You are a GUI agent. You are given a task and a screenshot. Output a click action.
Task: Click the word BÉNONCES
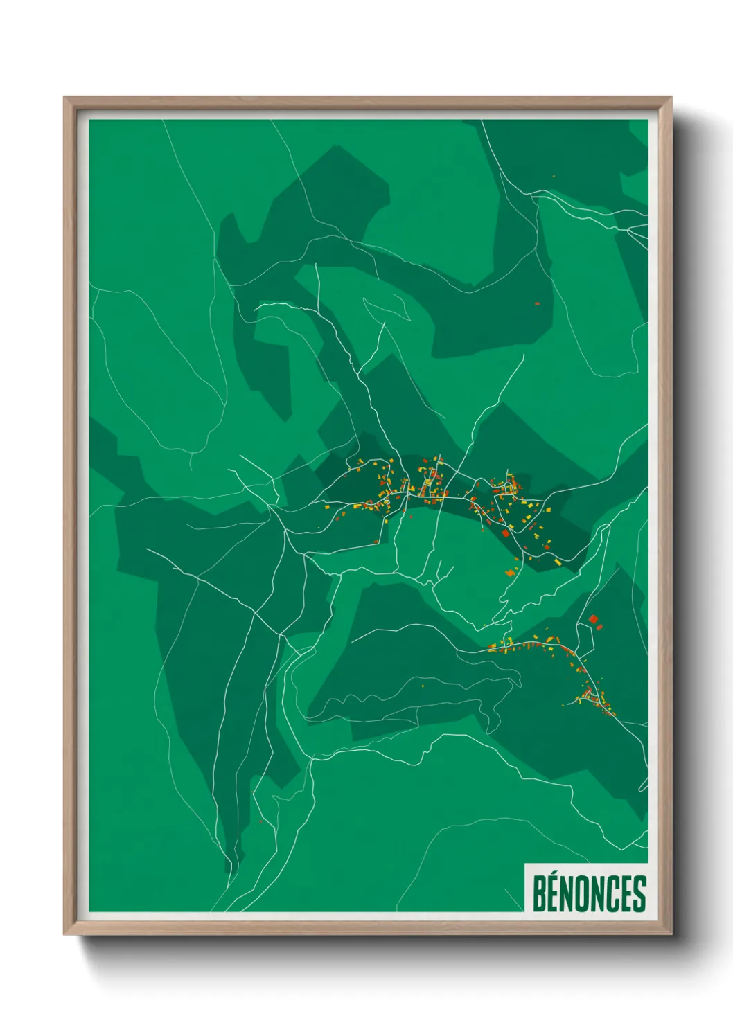click(589, 893)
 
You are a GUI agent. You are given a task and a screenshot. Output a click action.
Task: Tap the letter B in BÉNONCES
click(539, 894)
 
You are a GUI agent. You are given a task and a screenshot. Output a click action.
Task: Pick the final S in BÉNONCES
click(639, 894)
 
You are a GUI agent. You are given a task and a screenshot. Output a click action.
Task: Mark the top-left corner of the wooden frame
click(64, 98)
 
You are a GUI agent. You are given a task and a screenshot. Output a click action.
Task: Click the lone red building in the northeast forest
click(537, 303)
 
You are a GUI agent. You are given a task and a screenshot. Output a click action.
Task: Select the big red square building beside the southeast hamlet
click(593, 618)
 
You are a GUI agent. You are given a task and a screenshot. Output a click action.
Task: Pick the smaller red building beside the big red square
click(600, 627)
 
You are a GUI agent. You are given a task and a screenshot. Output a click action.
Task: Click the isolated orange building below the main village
click(511, 572)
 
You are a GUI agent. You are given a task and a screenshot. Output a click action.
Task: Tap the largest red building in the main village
click(506, 533)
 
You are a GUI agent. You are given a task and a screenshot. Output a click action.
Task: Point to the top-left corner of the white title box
click(525, 864)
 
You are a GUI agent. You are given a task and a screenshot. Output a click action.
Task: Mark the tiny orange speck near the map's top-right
click(554, 176)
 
